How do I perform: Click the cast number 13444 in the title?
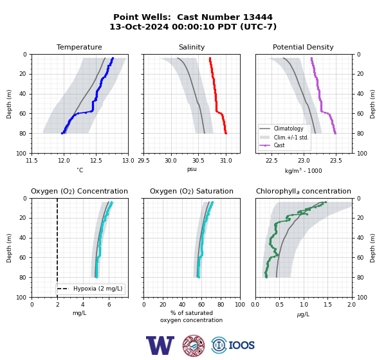tap(258, 17)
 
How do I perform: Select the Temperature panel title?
tap(79, 47)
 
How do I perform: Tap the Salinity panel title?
tap(192, 47)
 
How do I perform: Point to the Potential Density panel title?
tap(303, 47)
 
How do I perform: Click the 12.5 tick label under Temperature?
tap(96, 161)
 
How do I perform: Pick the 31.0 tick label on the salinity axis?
tap(226, 161)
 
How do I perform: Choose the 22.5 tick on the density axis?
tap(271, 161)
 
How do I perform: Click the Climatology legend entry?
tap(288, 129)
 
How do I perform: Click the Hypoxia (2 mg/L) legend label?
tap(98, 289)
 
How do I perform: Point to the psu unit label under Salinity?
tap(192, 169)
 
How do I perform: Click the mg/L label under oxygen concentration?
tap(79, 313)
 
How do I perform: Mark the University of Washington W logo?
tap(160, 345)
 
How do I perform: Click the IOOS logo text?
tap(241, 345)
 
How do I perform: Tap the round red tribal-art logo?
tap(194, 345)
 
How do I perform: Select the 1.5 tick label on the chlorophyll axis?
tap(327, 305)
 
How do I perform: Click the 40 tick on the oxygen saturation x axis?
tap(182, 305)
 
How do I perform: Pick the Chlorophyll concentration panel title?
tap(303, 191)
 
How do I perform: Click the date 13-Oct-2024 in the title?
tap(139, 26)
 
